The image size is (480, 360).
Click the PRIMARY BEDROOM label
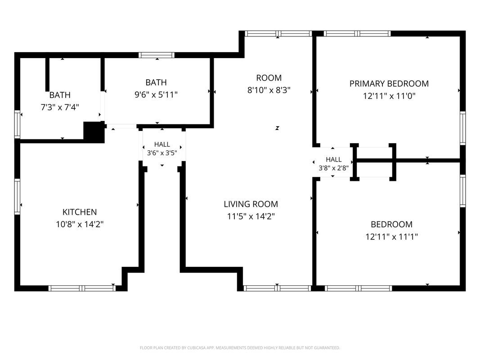(389, 84)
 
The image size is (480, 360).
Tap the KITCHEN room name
(80, 212)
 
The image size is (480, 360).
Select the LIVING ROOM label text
(251, 204)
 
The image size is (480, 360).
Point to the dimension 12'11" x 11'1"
(391, 237)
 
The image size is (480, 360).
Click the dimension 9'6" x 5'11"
(156, 94)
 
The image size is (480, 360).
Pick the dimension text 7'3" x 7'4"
(60, 107)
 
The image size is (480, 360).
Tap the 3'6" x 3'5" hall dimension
(162, 153)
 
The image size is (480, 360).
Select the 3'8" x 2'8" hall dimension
(334, 168)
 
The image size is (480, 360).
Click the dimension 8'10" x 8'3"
(269, 90)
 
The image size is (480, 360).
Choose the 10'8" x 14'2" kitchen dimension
(80, 225)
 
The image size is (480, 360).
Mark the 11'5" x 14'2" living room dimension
(251, 216)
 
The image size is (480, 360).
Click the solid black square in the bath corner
(94, 132)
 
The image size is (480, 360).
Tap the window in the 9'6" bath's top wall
(157, 55)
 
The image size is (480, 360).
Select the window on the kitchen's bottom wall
(82, 288)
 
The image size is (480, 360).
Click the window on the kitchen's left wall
(17, 196)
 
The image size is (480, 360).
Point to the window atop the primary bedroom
(357, 33)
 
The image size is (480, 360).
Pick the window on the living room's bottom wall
(277, 288)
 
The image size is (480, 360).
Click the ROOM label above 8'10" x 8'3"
(269, 78)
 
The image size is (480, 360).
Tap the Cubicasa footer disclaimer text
(240, 348)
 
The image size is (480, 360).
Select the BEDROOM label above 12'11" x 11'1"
(391, 225)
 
